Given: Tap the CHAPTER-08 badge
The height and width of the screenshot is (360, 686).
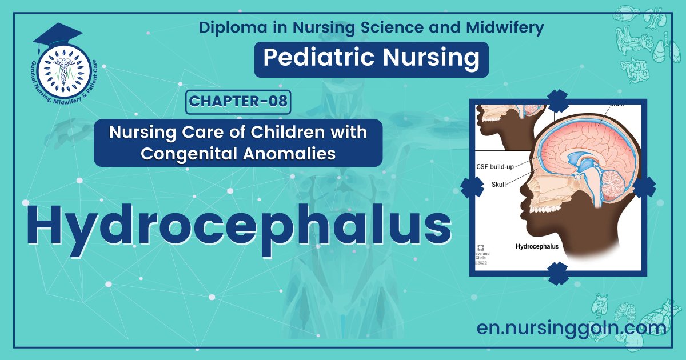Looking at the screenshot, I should click(238, 102).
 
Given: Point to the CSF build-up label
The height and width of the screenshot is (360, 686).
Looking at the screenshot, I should click(500, 167).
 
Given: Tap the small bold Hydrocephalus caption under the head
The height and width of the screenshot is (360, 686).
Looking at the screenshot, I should click(537, 247).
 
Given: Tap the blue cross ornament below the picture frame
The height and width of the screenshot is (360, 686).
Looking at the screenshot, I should click(557, 273).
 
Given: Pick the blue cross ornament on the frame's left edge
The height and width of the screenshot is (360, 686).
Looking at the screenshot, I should click(472, 187).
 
